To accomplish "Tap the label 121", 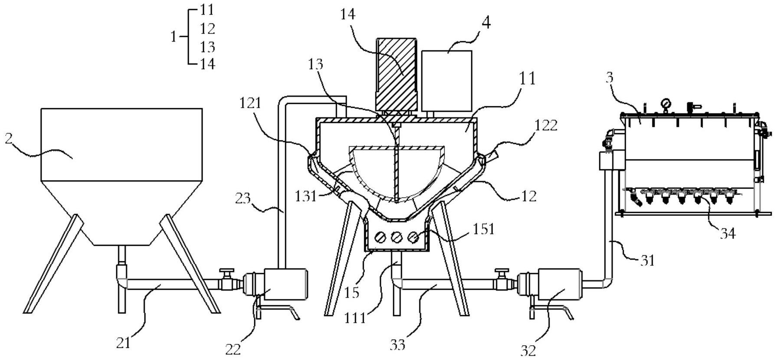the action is click(x=250, y=103).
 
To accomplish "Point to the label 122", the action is click(x=546, y=126).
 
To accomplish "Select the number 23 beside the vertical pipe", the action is click(x=243, y=198).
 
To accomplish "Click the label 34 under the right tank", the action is click(x=727, y=233).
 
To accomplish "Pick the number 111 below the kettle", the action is click(x=355, y=318).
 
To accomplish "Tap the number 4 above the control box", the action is click(x=486, y=23).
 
